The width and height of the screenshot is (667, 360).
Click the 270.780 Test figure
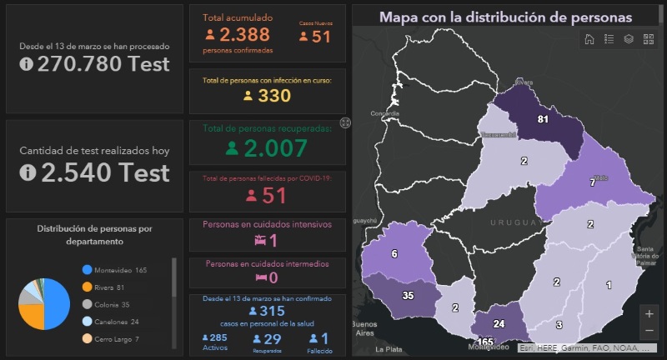coord(103,64)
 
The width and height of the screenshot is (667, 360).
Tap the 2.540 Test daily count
coord(103,172)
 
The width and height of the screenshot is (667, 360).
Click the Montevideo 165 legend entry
coord(114,270)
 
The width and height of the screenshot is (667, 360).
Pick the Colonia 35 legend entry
coord(110,304)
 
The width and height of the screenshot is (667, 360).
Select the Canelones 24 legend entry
coord(114,322)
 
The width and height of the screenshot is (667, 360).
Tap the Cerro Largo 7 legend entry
coord(116,339)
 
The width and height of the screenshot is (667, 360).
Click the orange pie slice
coord(30,316)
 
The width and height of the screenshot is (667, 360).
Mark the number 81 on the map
coord(542,119)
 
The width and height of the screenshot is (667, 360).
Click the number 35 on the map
coord(408,295)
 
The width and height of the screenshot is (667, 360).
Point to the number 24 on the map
coord(499,324)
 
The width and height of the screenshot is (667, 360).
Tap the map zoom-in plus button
coord(649,313)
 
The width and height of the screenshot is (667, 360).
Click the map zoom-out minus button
coord(649,330)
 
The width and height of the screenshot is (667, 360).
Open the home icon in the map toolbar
coord(589,38)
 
